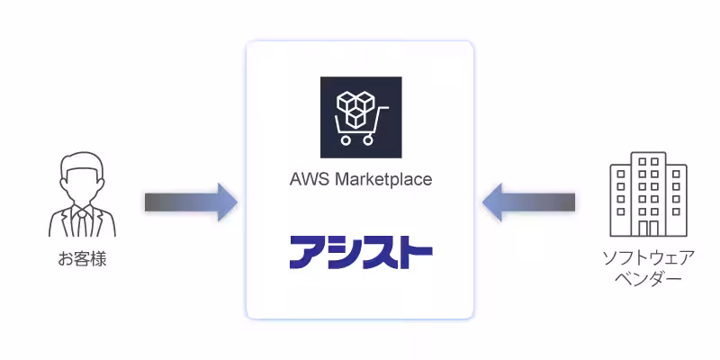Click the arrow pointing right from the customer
click(190, 202)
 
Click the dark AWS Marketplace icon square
click(361, 117)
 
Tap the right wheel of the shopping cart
click(367, 140)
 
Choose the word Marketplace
click(382, 179)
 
